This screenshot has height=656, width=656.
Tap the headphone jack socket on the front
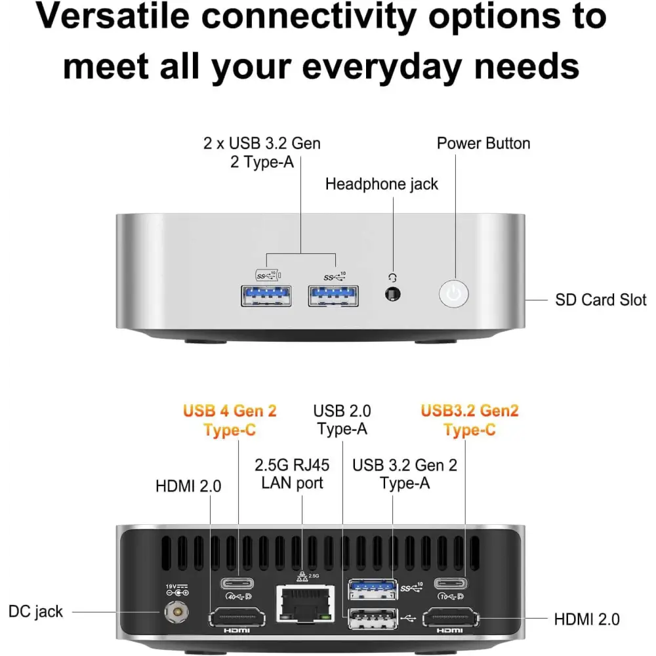(x=393, y=295)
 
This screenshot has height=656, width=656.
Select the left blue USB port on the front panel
(x=267, y=297)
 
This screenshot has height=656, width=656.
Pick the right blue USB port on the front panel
(x=334, y=297)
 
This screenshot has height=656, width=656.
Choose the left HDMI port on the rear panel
(x=236, y=617)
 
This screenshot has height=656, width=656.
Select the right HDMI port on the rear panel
(x=451, y=617)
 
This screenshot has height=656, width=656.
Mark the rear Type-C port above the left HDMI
(x=238, y=583)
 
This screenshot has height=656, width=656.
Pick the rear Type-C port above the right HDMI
(x=452, y=583)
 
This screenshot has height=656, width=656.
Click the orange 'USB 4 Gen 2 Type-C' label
(x=230, y=420)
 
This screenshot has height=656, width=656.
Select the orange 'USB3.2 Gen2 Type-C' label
(x=470, y=420)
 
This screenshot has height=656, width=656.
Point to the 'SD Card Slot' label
(x=600, y=300)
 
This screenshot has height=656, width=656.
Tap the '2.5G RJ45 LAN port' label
(x=292, y=474)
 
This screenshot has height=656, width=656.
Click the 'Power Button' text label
(x=483, y=144)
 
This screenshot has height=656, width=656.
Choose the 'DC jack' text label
(x=36, y=612)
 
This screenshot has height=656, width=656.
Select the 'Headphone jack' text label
(x=382, y=184)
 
